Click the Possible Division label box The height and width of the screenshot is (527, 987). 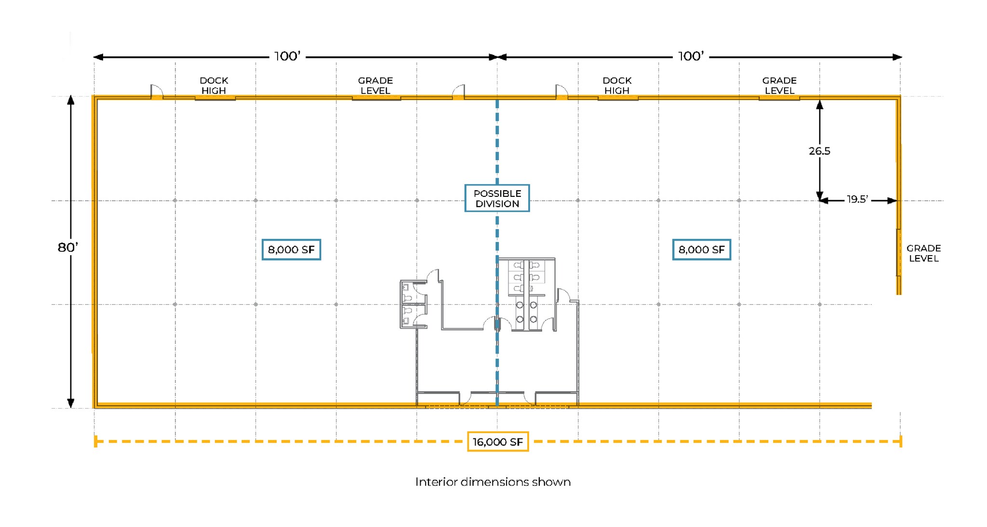[497, 198]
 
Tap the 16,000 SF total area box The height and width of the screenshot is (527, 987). [497, 442]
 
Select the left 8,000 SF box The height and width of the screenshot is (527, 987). [291, 250]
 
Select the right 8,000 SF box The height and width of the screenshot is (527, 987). [701, 250]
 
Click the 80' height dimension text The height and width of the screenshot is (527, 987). [67, 247]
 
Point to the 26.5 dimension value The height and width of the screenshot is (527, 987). [819, 151]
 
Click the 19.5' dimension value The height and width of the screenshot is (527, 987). [857, 199]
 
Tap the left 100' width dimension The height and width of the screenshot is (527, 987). [287, 56]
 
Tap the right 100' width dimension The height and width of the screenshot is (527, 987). [691, 56]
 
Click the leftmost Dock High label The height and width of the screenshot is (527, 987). [213, 85]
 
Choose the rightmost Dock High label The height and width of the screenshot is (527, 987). [617, 85]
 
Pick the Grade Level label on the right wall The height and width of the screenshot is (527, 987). [923, 253]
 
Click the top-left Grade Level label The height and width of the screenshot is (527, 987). [375, 85]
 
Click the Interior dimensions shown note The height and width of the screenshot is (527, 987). [493, 482]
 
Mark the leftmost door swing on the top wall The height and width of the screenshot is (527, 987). [157, 91]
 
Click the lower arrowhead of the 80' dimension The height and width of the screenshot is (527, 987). [71, 403]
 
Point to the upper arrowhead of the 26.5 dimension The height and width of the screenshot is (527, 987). [819, 104]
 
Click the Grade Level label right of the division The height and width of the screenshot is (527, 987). [779, 85]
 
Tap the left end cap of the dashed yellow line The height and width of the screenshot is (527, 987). [95, 441]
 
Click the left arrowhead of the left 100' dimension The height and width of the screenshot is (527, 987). [98, 57]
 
